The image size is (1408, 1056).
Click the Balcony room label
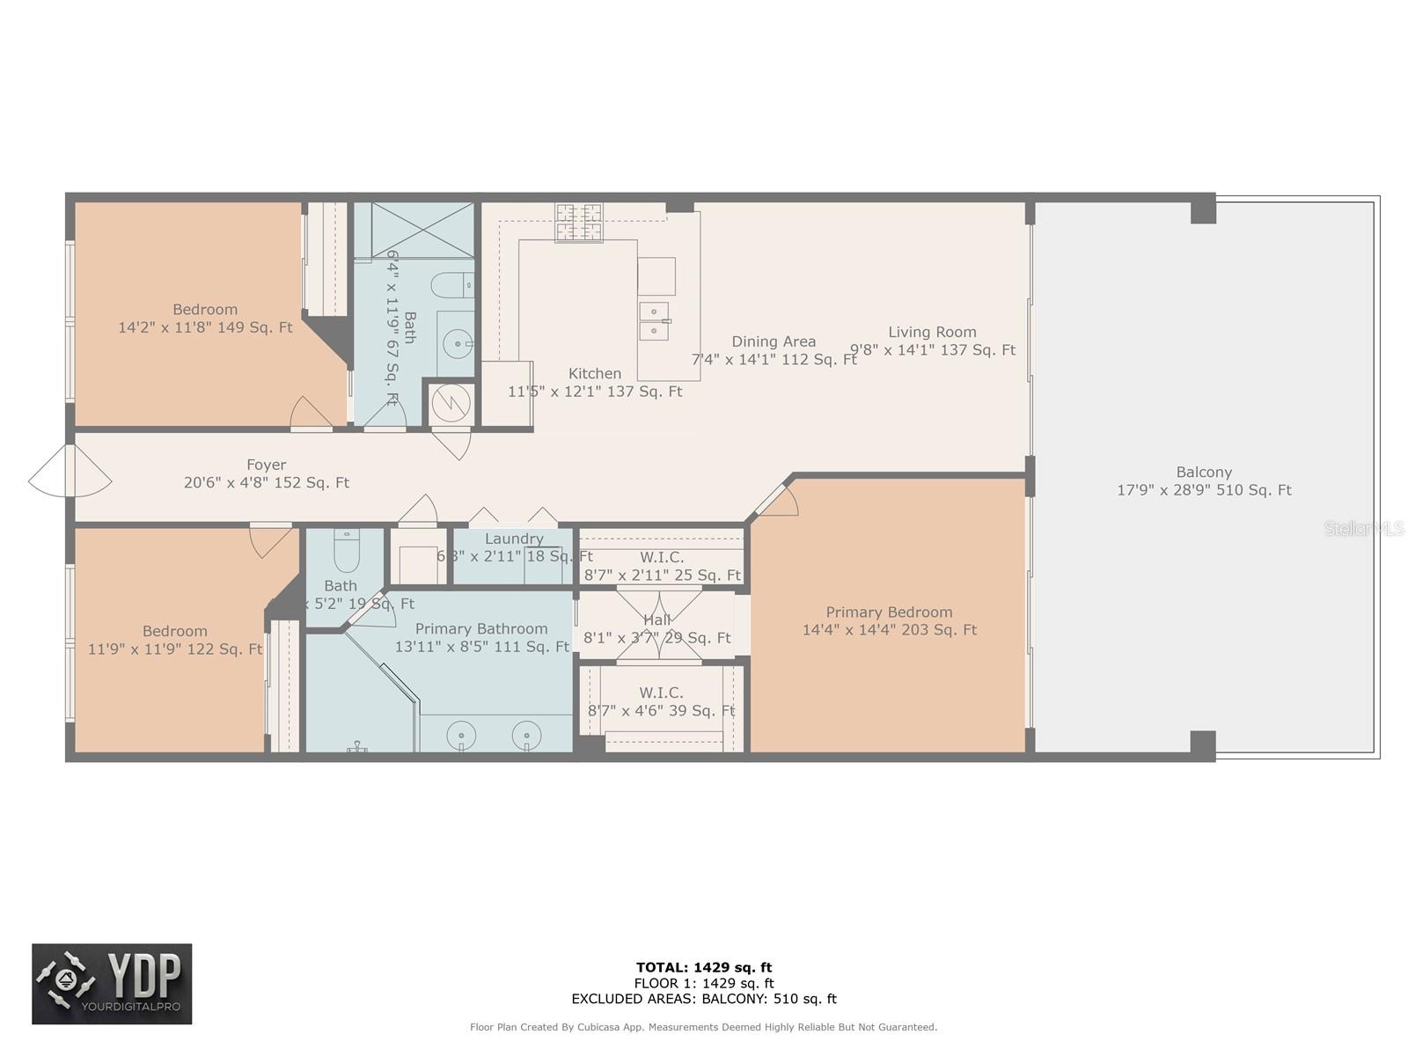tap(1203, 473)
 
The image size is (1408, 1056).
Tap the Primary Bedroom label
tap(889, 612)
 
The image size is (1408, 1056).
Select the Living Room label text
tap(932, 333)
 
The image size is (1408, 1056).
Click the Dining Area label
tap(774, 341)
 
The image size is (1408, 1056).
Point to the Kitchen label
tap(595, 374)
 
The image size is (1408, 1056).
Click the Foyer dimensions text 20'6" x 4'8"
tap(266, 483)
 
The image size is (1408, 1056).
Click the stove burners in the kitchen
tap(579, 222)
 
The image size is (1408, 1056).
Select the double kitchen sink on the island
tap(654, 320)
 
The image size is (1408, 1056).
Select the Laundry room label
tap(514, 539)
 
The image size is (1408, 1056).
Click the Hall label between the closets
tap(656, 620)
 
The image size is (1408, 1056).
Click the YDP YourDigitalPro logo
tap(112, 984)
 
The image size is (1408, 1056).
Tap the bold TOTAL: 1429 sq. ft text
tap(704, 967)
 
